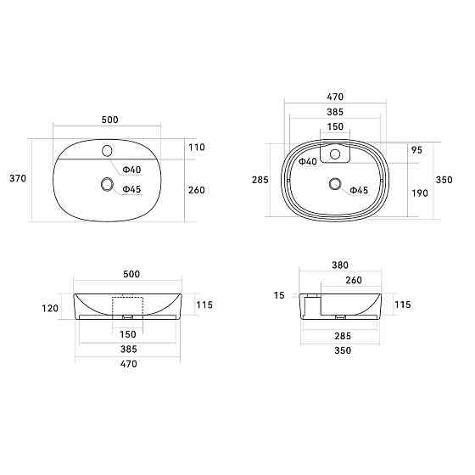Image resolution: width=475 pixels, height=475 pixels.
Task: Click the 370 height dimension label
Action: pyautogui.click(x=18, y=178)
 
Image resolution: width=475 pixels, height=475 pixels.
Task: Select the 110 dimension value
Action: pyautogui.click(x=197, y=148)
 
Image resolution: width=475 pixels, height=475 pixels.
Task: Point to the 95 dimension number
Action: pyautogui.click(x=416, y=150)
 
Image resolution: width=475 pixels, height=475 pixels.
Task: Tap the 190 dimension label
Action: pyautogui.click(x=420, y=193)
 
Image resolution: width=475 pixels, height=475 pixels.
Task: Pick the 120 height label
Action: pyautogui.click(x=50, y=308)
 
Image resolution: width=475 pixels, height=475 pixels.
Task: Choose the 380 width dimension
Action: pyautogui.click(x=340, y=265)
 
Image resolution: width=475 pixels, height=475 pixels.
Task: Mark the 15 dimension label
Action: pyautogui.click(x=279, y=295)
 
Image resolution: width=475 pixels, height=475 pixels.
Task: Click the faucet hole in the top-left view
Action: pyautogui.click(x=107, y=151)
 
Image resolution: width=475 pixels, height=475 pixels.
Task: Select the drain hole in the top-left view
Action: pyautogui.click(x=107, y=184)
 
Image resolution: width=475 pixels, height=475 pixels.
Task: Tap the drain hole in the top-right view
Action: pyautogui.click(x=335, y=183)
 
